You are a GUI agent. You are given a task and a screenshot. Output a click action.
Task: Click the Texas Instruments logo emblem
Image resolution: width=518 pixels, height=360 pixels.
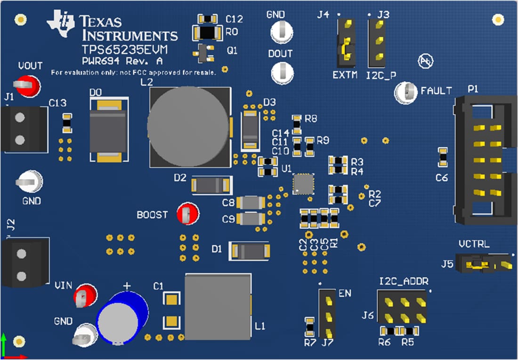(x=61, y=24)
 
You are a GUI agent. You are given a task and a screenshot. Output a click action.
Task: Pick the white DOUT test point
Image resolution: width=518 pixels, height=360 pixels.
(x=282, y=73)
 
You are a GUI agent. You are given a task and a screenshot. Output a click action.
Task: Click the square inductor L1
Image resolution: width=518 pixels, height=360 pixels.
(x=218, y=307)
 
